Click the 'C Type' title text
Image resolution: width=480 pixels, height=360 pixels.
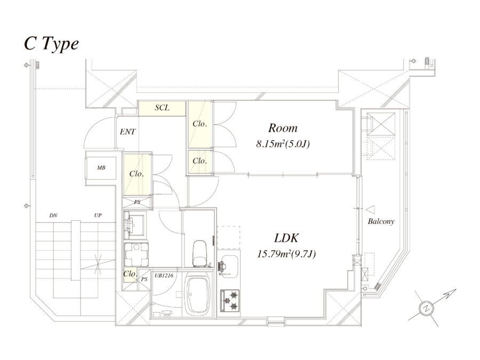pos(51,44)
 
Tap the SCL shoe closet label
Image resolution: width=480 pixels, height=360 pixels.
pos(162,108)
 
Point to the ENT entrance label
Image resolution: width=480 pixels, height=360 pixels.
pos(128,131)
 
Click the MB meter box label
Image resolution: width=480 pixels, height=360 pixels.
pos(101,167)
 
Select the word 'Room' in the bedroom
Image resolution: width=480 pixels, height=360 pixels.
pos(283,128)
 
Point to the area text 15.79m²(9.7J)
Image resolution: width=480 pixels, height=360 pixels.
pos(286,254)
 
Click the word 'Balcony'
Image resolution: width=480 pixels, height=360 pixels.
pos(381,221)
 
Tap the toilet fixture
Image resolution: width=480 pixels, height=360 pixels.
pos(199,253)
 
